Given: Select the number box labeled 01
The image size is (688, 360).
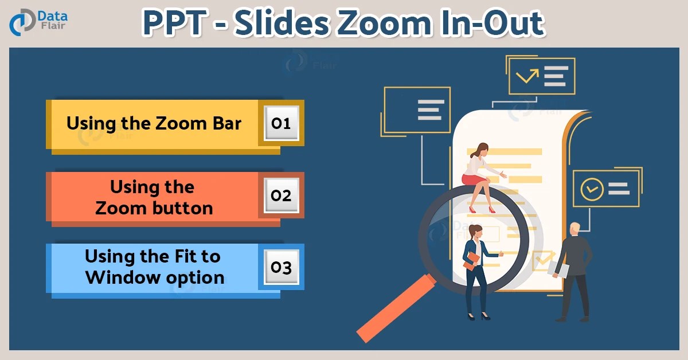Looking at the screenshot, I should pos(282,123).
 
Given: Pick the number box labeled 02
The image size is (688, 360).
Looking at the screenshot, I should pos(282,195).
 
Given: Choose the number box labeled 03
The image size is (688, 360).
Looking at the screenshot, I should pos(282,267).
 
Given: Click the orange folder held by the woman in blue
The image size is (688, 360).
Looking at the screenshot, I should pos(472,261).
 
